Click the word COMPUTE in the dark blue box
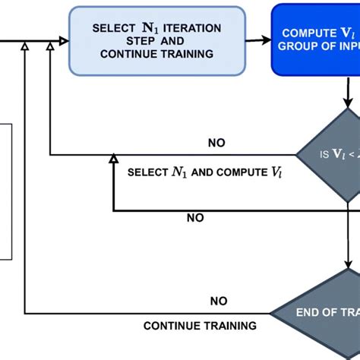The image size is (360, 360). click(x=305, y=34)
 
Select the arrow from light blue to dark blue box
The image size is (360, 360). click(x=259, y=41)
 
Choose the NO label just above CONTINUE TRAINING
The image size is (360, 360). click(x=219, y=301)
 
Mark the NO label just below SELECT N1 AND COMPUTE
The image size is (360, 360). click(x=195, y=218)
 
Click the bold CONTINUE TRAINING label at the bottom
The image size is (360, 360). click(x=200, y=326)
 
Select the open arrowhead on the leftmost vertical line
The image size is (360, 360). click(x=25, y=47)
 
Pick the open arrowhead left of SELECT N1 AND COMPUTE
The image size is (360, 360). click(x=113, y=159)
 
